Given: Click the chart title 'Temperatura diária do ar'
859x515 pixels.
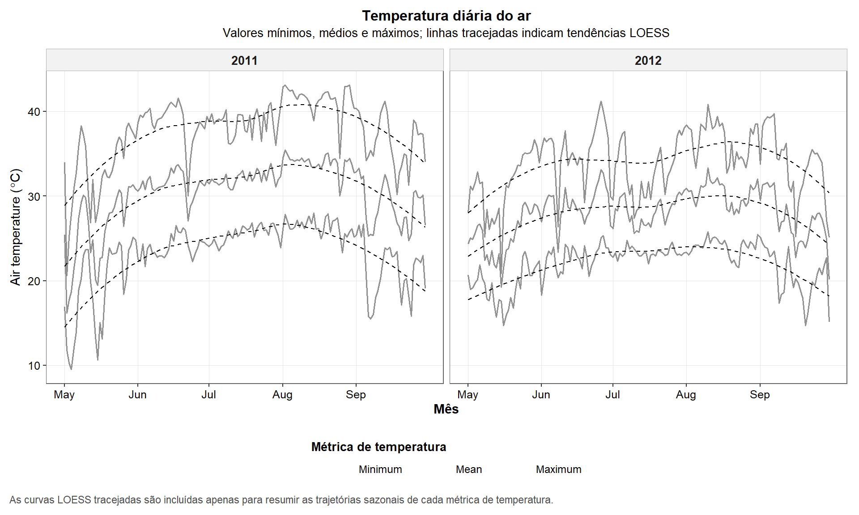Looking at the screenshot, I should [446, 16].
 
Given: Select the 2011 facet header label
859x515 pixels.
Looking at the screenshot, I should [244, 60].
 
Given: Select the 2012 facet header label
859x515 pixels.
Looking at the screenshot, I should [648, 60].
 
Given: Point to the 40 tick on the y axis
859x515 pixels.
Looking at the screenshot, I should [34, 112].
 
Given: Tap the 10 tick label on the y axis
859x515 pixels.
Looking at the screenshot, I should [34, 366].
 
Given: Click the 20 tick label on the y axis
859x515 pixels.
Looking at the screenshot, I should [34, 281].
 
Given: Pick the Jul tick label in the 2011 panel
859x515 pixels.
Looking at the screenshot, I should [208, 395].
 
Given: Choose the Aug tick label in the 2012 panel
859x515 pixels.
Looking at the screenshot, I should [686, 395].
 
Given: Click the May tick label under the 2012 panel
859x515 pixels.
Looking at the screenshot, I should [468, 395].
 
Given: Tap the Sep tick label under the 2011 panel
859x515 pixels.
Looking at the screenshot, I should [356, 395].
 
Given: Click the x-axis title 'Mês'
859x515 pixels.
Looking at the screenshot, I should [446, 409].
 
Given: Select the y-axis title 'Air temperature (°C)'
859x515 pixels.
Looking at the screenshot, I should [16, 227].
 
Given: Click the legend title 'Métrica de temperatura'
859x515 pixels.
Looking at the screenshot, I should [378, 447].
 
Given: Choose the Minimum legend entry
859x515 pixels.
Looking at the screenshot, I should [380, 469].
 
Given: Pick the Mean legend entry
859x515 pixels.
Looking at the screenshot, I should [469, 469].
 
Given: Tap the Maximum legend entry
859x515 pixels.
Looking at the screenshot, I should [558, 469].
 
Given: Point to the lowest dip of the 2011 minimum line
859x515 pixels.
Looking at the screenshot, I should [71, 369].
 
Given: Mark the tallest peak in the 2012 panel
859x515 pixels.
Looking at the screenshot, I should [601, 101].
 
